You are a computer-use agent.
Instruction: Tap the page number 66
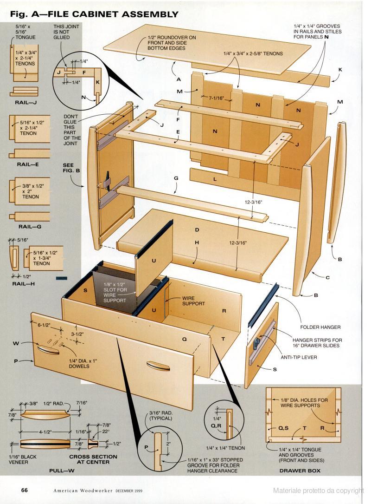[x=25, y=490]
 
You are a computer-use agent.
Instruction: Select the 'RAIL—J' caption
[x=26, y=103]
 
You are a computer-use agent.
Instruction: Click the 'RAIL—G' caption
[x=30, y=227]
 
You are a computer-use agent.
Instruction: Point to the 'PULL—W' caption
[x=62, y=471]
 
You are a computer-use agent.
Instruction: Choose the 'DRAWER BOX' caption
[x=300, y=471]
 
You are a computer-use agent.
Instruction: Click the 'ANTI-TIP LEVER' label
[x=299, y=357]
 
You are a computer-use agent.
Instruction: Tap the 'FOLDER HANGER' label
[x=320, y=327]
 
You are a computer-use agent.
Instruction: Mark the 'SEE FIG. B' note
[x=71, y=168]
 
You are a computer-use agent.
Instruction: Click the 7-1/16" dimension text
[x=216, y=98]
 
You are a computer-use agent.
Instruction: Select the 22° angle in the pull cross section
[x=106, y=432]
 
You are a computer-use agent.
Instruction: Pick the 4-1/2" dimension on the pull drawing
[x=45, y=432]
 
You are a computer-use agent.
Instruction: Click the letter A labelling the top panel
[x=179, y=79]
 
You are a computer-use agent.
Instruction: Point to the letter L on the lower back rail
[x=215, y=179]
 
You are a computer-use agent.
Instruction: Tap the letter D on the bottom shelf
[x=197, y=230]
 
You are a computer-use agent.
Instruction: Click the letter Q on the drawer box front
[x=185, y=339]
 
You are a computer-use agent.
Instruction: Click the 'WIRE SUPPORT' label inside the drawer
[x=193, y=301]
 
